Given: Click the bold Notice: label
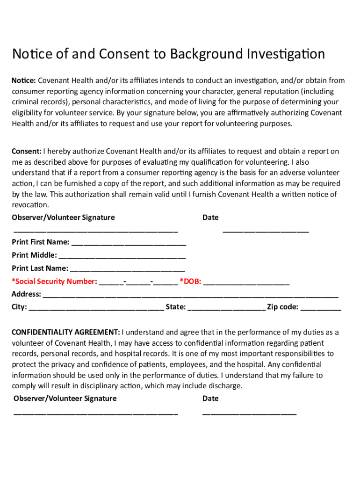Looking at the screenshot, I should (x=23, y=80).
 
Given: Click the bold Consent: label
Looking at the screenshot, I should (x=26, y=151).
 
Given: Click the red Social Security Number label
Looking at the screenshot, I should (x=54, y=281).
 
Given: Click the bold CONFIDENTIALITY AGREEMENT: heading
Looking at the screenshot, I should (x=65, y=332).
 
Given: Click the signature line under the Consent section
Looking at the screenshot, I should (x=96, y=231).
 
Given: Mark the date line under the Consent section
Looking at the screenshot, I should (x=266, y=231).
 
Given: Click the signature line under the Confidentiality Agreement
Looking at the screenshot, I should (x=96, y=414).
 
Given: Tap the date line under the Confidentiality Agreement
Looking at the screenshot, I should (x=249, y=414).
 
